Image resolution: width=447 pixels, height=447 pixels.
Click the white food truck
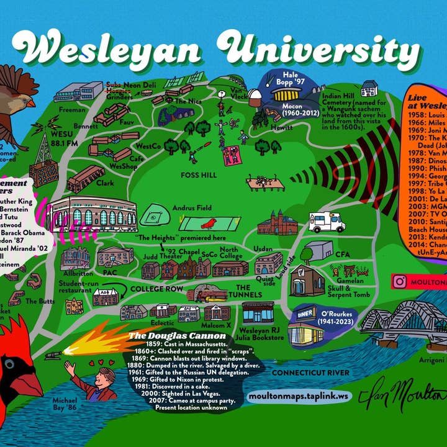click(x=327, y=221)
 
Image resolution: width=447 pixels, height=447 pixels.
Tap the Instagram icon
click(x=400, y=281)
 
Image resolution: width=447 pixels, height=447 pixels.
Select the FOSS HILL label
click(x=199, y=176)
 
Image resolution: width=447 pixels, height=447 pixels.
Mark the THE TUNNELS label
click(x=243, y=292)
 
